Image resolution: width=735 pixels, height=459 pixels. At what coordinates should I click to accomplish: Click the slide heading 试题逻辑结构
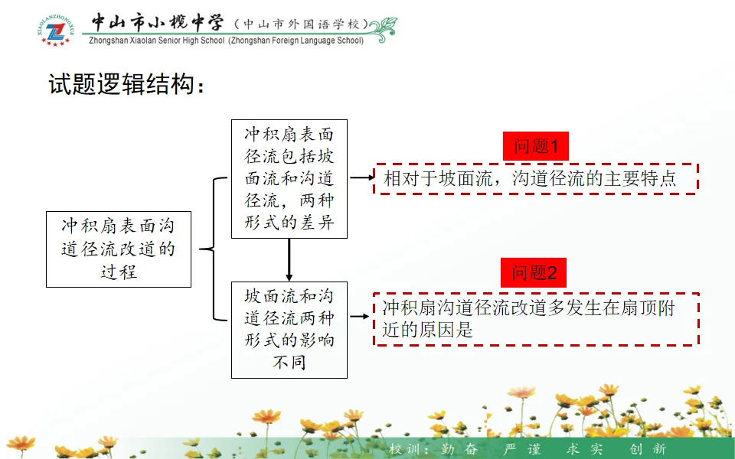point(127,85)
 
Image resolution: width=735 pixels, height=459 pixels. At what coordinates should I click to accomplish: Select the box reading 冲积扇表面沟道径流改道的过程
point(119,249)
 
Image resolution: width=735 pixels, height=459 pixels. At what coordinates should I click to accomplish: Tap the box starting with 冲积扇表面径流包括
point(289,179)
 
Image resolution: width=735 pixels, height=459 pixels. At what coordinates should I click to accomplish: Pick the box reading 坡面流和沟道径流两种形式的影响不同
point(289,330)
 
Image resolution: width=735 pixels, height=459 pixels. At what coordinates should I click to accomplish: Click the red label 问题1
point(536,146)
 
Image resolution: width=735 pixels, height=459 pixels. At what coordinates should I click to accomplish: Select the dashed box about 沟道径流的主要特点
point(535,179)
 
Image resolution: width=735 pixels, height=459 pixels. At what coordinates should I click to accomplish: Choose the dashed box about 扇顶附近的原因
point(536,319)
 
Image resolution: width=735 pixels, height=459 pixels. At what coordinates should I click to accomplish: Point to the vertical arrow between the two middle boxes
point(289,260)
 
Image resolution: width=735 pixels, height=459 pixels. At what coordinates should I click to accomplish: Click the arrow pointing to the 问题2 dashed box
point(360,315)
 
